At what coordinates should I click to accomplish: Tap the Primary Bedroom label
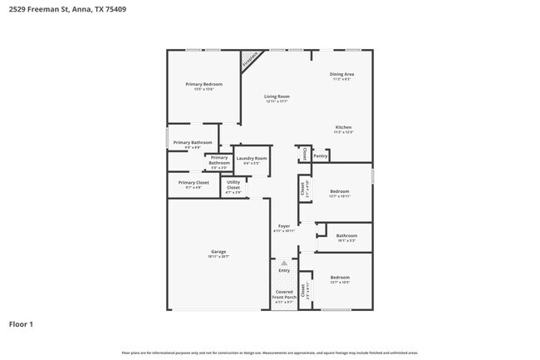point(204,84)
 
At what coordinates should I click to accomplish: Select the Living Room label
point(276,96)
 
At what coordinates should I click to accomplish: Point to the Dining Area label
point(342,75)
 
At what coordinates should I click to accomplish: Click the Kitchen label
point(343,127)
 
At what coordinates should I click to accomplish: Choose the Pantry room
point(321,155)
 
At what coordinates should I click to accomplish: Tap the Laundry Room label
point(251,158)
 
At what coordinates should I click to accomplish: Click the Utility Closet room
point(233,185)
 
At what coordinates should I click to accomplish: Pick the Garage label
point(218,251)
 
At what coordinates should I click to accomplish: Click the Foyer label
point(284,226)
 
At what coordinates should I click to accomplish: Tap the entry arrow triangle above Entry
point(284,262)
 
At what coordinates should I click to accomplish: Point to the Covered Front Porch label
point(284,294)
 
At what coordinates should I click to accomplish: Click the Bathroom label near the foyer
point(346,235)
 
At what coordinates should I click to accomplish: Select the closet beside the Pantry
point(304,155)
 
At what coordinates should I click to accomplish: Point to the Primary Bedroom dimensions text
point(204,89)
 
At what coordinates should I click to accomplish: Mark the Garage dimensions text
point(218,256)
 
